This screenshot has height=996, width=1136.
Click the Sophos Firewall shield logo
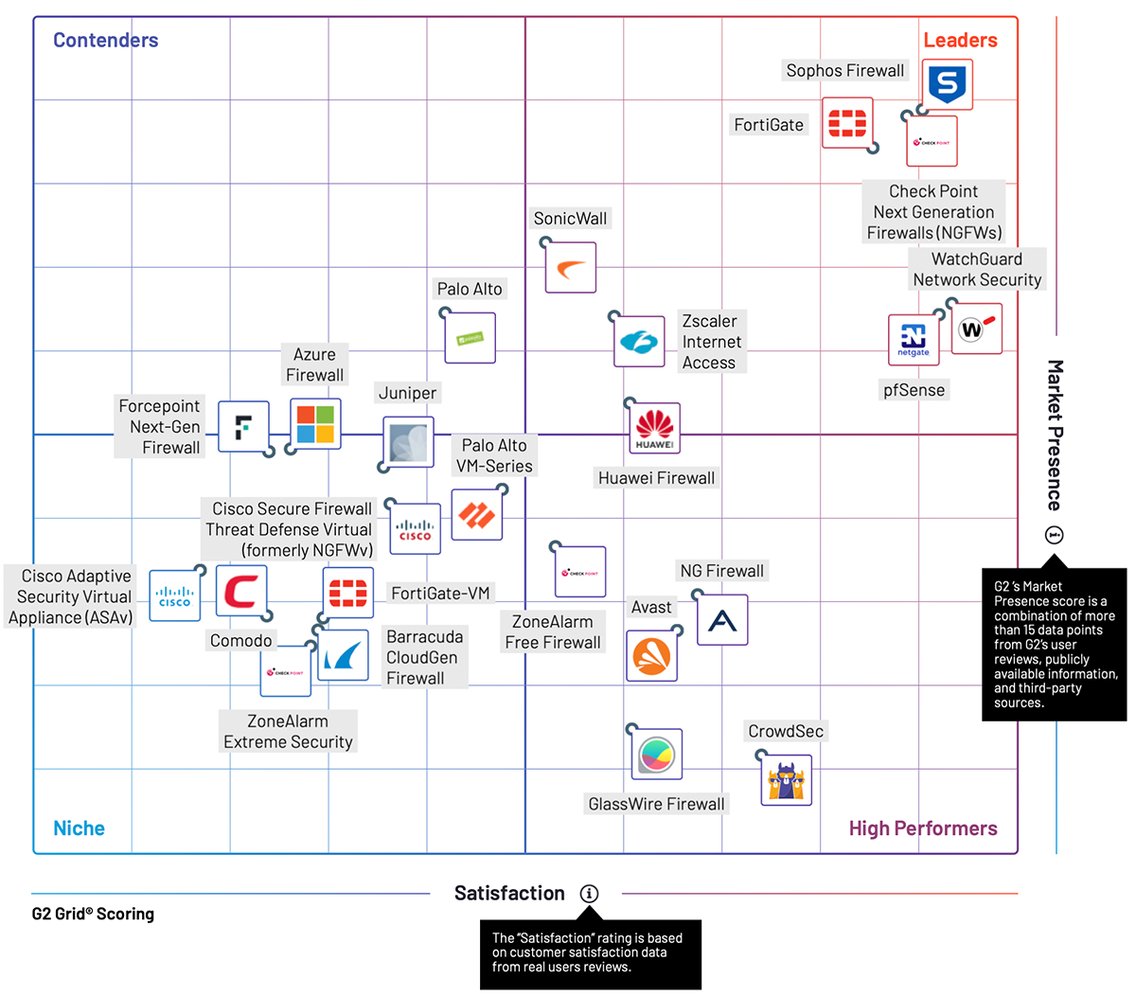(x=947, y=85)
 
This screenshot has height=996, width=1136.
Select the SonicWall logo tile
(x=571, y=268)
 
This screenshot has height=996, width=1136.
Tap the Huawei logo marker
(x=655, y=428)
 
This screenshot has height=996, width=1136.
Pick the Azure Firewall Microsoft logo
(x=315, y=424)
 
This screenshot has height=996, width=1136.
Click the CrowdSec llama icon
(x=787, y=780)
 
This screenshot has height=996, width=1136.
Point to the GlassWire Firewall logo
(x=656, y=755)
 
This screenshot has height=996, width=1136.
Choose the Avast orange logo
(x=651, y=655)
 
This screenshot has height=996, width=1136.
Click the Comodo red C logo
(x=241, y=592)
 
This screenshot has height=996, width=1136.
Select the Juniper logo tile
(x=408, y=442)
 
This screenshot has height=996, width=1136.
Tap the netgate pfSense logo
(x=914, y=340)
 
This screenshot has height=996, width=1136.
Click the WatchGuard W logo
(x=976, y=329)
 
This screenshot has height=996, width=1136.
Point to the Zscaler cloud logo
(x=639, y=341)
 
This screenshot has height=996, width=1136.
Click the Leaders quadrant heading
(x=960, y=40)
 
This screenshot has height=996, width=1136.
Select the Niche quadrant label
(x=79, y=828)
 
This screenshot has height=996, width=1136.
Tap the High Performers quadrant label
(x=923, y=828)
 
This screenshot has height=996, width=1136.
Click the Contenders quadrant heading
(x=105, y=40)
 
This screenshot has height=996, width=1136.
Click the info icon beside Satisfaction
(x=589, y=894)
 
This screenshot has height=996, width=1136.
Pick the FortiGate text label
(x=769, y=125)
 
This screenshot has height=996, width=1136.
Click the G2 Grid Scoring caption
(x=93, y=914)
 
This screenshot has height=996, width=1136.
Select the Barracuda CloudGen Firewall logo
(x=343, y=655)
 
